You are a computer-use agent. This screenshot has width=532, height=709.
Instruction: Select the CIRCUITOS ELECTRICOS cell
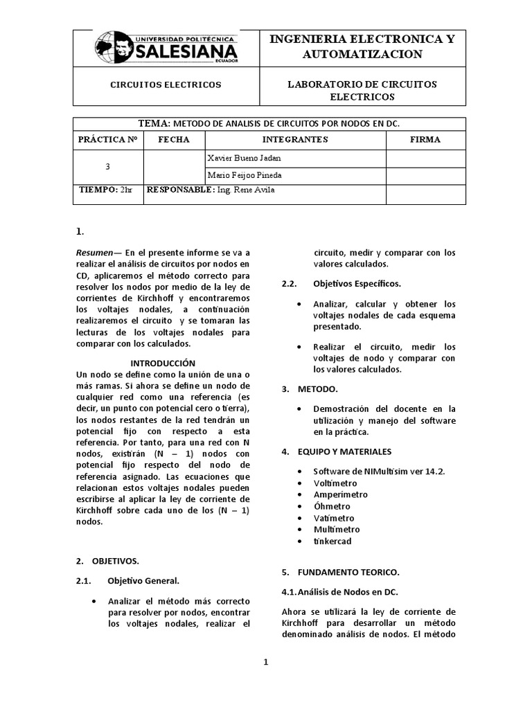click(166, 84)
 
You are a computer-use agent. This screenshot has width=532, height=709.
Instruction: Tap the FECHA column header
click(173, 139)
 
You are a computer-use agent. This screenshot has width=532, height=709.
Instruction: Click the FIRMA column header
click(425, 139)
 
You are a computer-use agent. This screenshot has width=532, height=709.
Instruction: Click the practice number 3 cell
click(107, 167)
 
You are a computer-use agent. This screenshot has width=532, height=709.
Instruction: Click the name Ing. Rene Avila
click(241, 190)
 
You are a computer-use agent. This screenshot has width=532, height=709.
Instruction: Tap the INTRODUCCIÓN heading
click(163, 364)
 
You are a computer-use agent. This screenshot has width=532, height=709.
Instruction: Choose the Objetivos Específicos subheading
click(356, 283)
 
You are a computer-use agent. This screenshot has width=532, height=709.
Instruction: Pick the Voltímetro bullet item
click(335, 483)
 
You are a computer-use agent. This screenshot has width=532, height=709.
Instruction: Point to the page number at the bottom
click(265, 662)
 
